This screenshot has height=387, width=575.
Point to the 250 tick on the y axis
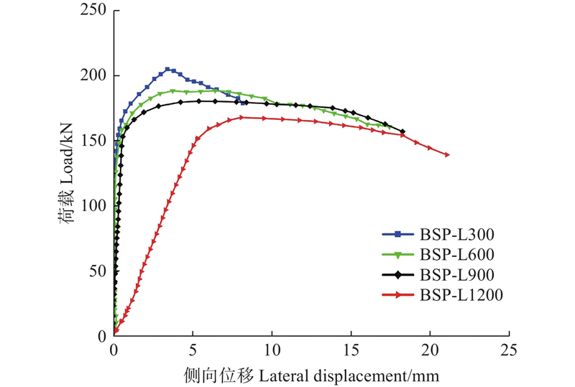pyautogui.click(x=95, y=11)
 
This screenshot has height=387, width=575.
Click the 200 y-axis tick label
pyautogui.click(x=95, y=76)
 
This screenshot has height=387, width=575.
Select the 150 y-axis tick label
pyautogui.click(x=95, y=141)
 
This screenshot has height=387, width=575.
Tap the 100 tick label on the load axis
pyautogui.click(x=95, y=206)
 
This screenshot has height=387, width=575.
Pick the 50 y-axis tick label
pyautogui.click(x=99, y=271)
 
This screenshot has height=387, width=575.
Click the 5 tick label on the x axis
pyautogui.click(x=193, y=350)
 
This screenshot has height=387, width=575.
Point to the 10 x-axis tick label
pyautogui.click(x=272, y=350)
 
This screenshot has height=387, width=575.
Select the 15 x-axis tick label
pyautogui.click(x=351, y=350)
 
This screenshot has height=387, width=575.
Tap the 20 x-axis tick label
pyautogui.click(x=430, y=350)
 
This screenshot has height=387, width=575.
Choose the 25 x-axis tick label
pyautogui.click(x=509, y=350)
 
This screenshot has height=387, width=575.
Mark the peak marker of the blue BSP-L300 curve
pyautogui.click(x=167, y=70)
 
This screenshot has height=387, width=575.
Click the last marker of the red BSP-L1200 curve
pyautogui.click(x=447, y=154)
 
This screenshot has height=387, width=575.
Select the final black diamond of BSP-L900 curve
pyautogui.click(x=402, y=131)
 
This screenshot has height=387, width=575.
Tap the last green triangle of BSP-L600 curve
pyautogui.click(x=389, y=127)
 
